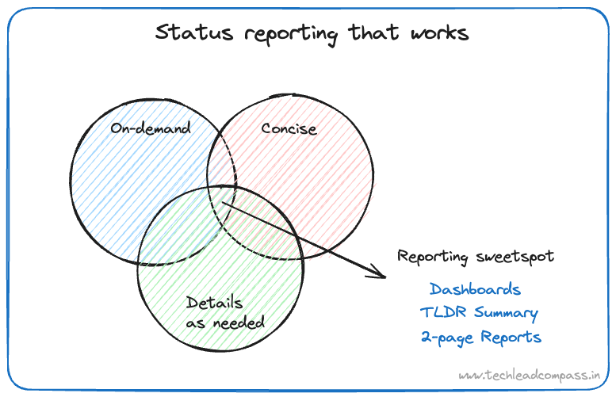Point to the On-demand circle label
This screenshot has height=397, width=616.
click(x=151, y=128)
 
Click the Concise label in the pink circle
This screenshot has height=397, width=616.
click(x=289, y=128)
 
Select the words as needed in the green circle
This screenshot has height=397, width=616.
click(x=225, y=323)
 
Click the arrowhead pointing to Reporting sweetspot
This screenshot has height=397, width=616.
click(x=378, y=274)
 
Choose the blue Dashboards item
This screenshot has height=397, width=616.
click(x=475, y=289)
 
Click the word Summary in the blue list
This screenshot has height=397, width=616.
click(x=505, y=314)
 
